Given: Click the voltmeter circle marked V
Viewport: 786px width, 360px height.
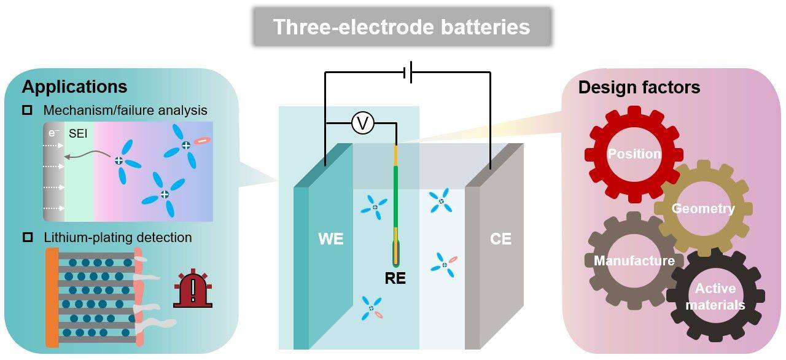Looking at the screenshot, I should (x=362, y=124).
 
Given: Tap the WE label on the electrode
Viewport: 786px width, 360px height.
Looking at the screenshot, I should (x=331, y=239).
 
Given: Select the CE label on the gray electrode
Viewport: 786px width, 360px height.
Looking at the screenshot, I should (x=500, y=239).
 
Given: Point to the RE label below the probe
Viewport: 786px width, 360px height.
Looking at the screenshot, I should (x=395, y=278).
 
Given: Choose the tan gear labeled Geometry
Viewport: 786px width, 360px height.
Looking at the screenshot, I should (x=702, y=209).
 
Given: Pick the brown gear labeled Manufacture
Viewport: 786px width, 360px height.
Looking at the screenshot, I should (x=634, y=261).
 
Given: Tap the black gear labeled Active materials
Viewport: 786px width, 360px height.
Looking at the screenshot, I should (x=715, y=296).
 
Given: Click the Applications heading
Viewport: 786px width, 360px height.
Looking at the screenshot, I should (x=74, y=87).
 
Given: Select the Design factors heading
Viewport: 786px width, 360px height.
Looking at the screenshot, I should (x=639, y=88).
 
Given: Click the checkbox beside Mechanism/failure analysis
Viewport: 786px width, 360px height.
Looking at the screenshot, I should (x=27, y=111).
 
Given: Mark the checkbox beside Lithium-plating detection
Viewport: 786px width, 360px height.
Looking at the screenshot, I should (x=27, y=238).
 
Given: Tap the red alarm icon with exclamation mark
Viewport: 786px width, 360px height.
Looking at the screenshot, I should (x=192, y=289).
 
